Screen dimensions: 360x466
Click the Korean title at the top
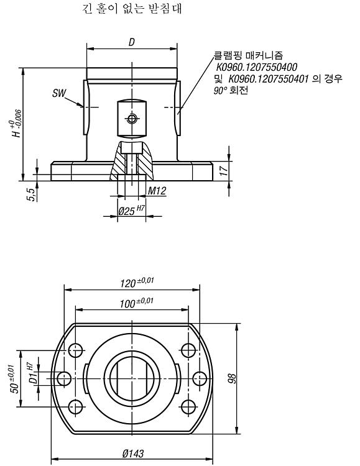tap(132, 8)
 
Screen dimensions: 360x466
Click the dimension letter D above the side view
tap(132, 42)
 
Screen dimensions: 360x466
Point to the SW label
tap(59, 93)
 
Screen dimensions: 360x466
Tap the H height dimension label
tap(17, 124)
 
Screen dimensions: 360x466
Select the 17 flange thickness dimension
tap(224, 170)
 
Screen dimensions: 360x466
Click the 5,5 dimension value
tap(31, 194)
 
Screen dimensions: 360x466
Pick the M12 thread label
tap(157, 191)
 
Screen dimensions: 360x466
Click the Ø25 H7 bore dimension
tap(132, 211)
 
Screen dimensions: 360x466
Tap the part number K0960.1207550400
tap(256, 67)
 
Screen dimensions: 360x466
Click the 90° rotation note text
tap(231, 90)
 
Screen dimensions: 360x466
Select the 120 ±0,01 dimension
tap(137, 282)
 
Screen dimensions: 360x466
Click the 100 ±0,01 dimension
tap(137, 303)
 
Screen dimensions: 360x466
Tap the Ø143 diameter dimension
tap(133, 453)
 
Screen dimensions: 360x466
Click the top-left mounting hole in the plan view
tap(76, 350)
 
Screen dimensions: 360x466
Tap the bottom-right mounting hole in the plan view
tap(188, 406)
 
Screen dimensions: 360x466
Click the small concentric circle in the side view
tap(132, 119)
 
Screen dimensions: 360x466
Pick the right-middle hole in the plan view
tap(200, 378)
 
